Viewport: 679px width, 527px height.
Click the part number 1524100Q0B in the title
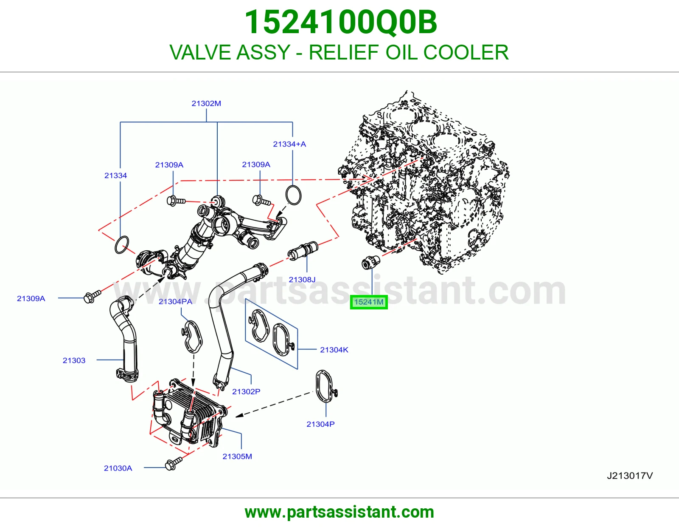(341, 22)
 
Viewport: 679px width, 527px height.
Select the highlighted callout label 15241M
(369, 302)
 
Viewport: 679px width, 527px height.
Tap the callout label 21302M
(206, 103)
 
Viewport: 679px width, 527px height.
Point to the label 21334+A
(289, 144)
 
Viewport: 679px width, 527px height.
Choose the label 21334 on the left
(115, 176)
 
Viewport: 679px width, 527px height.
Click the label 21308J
(302, 280)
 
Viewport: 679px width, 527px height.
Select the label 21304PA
(175, 301)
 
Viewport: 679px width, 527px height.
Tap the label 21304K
(334, 350)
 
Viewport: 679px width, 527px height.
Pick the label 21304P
(320, 424)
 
